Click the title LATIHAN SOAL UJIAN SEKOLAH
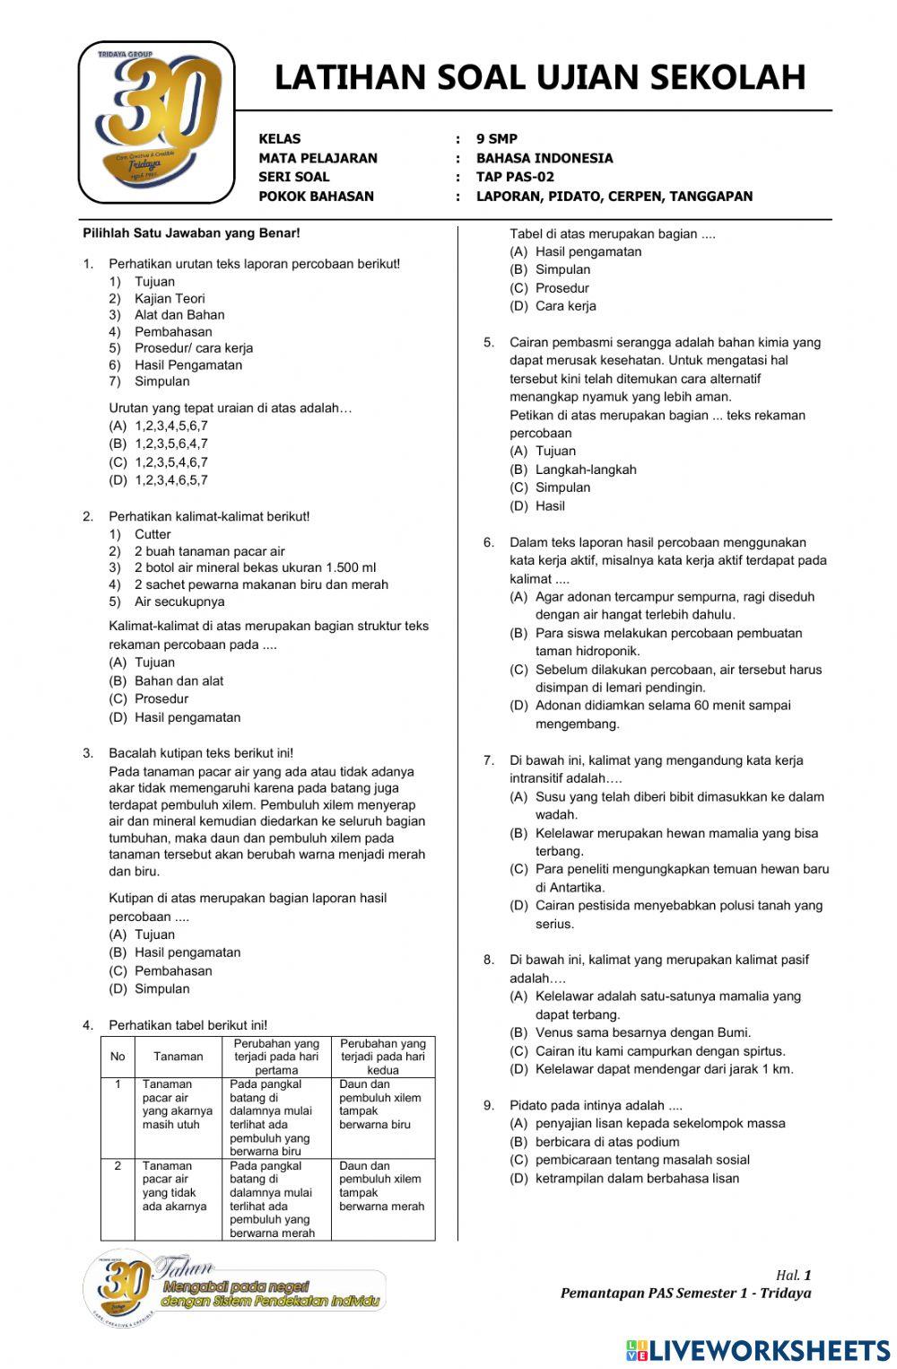tap(539, 77)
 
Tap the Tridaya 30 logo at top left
tap(157, 121)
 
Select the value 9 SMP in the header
tap(496, 139)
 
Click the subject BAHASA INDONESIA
tap(544, 158)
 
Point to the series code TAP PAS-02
tap(515, 177)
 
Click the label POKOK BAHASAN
tap(316, 196)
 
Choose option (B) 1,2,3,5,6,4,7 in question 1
tap(159, 443)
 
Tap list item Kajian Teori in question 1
tap(170, 298)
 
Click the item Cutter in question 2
tap(152, 534)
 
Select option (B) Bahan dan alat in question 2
tap(167, 680)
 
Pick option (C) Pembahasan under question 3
tap(161, 970)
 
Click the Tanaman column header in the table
tap(178, 1057)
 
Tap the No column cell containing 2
tap(118, 1165)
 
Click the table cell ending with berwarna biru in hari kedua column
tap(382, 1104)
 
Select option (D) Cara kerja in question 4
tap(553, 306)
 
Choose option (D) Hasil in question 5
tap(538, 505)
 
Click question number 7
tap(489, 760)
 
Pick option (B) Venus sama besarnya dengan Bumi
tap(631, 1032)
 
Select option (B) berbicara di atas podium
tap(595, 1142)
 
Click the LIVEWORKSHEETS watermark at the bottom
tap(758, 1349)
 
